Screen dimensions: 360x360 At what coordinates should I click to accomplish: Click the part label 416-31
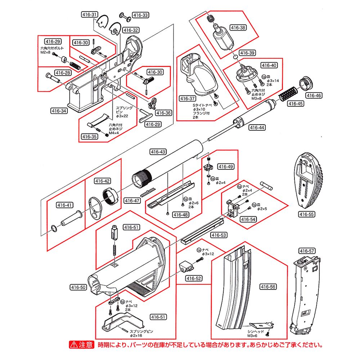coord(89,15)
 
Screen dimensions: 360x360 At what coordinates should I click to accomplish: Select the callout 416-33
coord(141,15)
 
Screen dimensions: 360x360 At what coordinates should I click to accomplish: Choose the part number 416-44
coord(257,127)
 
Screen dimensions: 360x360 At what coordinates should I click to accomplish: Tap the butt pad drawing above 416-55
coord(310,181)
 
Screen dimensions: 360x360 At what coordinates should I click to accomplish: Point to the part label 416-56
coord(268,287)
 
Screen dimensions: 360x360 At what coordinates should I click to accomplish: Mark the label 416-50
coord(79,287)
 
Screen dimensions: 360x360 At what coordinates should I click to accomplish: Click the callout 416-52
coord(194,278)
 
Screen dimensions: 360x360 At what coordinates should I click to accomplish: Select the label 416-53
coord(219,235)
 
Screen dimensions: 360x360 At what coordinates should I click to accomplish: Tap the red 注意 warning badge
coord(81,345)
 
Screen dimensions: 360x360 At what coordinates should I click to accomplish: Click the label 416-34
coord(59,111)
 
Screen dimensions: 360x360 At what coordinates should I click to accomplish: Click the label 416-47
coord(132,201)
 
